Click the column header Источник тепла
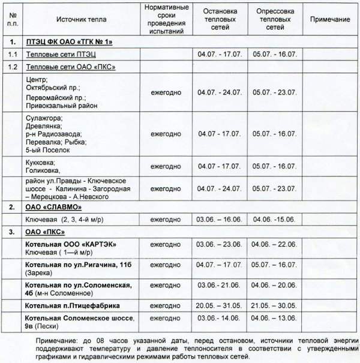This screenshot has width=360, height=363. (82, 20)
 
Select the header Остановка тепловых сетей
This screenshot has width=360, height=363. (220, 19)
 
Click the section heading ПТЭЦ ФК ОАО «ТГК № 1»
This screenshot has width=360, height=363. (70, 42)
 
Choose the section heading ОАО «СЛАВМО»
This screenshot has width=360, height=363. (53, 207)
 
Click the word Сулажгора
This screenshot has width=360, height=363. (43, 118)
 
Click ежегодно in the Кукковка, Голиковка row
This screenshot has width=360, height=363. (165, 166)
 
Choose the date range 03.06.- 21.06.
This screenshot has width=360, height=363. (220, 284)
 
